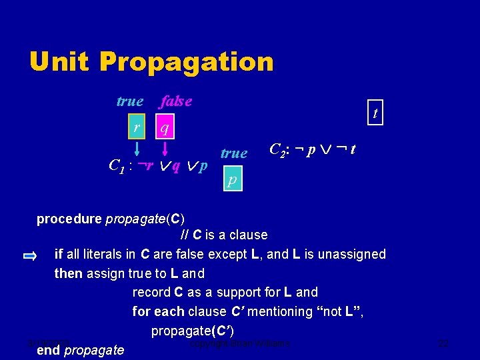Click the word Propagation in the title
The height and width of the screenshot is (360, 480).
click(x=187, y=62)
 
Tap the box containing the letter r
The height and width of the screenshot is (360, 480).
click(x=137, y=127)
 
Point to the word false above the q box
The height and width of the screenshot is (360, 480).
click(x=176, y=101)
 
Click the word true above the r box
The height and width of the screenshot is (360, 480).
click(x=129, y=101)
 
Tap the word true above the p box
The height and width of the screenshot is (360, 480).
click(x=233, y=153)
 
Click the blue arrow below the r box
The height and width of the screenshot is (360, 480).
click(x=137, y=148)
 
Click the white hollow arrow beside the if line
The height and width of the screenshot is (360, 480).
click(x=30, y=255)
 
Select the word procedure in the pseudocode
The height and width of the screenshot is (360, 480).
click(x=69, y=219)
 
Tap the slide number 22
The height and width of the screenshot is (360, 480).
click(x=443, y=344)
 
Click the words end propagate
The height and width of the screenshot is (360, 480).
click(x=80, y=350)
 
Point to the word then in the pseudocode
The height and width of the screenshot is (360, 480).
click(x=68, y=273)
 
